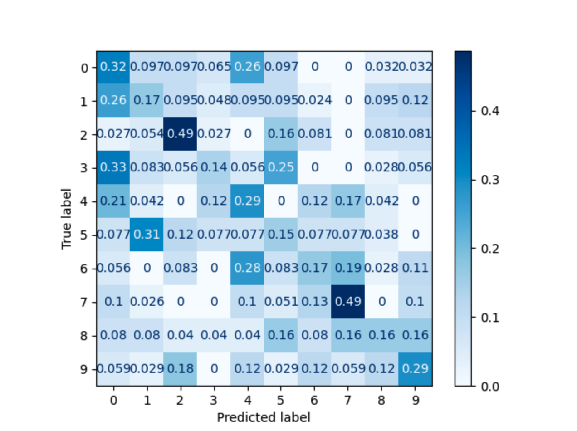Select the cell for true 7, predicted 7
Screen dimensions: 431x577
tap(348, 302)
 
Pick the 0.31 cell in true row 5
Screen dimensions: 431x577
tap(147, 235)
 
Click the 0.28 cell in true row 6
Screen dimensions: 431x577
tap(247, 269)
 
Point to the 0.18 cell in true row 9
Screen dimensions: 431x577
tap(180, 369)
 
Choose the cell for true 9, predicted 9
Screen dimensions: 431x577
tap(415, 369)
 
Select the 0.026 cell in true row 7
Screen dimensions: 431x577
tap(147, 302)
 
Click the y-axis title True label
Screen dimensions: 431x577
tap(67, 218)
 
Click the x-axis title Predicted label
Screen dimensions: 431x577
tap(264, 417)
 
